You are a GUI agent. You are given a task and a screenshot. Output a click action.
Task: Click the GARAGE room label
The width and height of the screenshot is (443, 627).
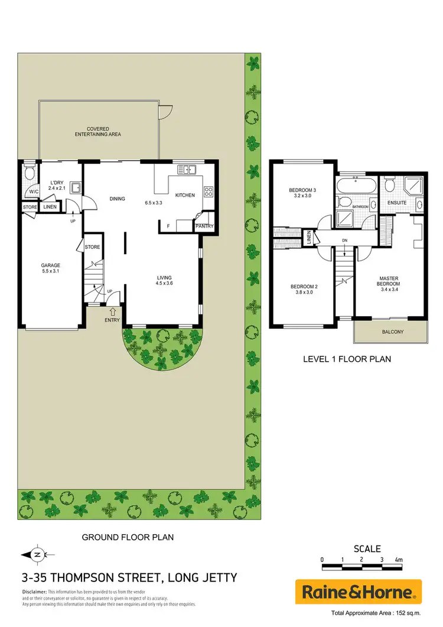click(51, 265)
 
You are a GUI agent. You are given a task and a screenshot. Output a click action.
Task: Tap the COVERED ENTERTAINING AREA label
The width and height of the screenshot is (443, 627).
click(98, 131)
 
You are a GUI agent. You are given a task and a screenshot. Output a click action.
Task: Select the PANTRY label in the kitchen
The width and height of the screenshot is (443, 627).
click(204, 226)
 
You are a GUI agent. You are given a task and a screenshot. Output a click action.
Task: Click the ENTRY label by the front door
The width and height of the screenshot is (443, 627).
click(112, 320)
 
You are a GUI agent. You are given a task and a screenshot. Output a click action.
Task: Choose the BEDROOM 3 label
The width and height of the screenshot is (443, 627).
click(302, 190)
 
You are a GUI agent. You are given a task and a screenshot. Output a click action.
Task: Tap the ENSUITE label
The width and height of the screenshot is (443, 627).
click(396, 203)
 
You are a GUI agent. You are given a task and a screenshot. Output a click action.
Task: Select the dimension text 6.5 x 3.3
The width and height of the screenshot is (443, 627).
click(154, 202)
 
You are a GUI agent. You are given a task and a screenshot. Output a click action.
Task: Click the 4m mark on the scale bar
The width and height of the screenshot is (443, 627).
click(398, 559)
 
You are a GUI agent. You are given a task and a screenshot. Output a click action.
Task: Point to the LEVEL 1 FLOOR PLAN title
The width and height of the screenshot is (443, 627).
click(347, 359)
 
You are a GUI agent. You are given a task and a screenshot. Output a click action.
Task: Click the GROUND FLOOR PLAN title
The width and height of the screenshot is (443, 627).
click(127, 537)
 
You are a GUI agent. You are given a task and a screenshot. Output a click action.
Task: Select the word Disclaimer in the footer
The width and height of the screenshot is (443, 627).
click(34, 592)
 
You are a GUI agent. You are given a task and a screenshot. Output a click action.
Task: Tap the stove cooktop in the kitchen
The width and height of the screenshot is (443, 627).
click(209, 191)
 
